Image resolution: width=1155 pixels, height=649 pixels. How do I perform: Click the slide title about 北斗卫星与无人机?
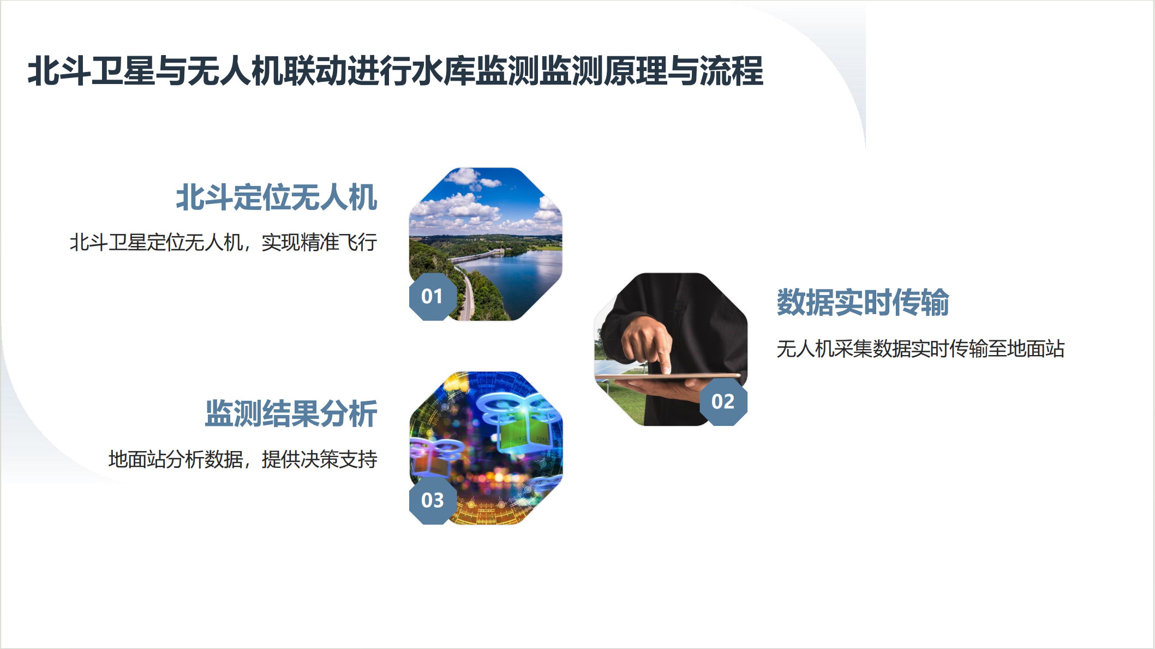[396, 71]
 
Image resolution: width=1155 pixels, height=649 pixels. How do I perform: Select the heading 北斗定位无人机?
[277, 197]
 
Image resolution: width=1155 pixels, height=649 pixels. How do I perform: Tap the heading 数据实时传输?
[863, 302]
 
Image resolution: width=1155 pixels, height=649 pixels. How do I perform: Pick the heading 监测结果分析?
[291, 413]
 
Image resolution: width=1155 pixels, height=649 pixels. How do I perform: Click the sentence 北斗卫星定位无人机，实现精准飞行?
[224, 242]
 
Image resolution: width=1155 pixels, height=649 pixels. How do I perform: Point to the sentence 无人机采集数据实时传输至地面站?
[920, 348]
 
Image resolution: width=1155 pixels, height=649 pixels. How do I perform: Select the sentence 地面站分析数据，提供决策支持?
[243, 459]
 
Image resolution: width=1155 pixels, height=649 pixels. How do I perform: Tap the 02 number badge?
[723, 402]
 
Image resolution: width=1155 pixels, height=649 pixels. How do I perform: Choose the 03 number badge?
[433, 500]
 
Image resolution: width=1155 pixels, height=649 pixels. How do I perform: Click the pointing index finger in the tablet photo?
[662, 353]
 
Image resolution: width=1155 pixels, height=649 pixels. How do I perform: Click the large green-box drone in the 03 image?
[518, 423]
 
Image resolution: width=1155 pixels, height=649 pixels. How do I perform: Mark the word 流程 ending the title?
[732, 71]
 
